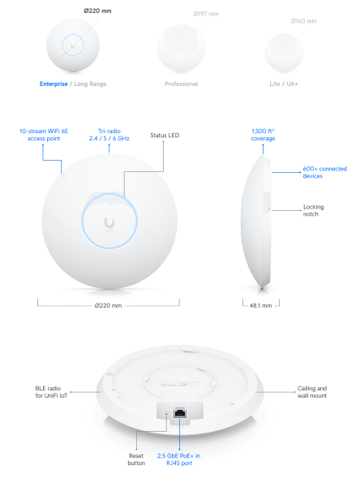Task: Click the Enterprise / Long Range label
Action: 72,84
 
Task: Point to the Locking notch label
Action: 313,210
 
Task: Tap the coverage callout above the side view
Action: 264,135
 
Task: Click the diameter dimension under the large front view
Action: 108,306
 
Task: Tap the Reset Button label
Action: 137,460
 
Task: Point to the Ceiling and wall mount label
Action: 312,393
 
